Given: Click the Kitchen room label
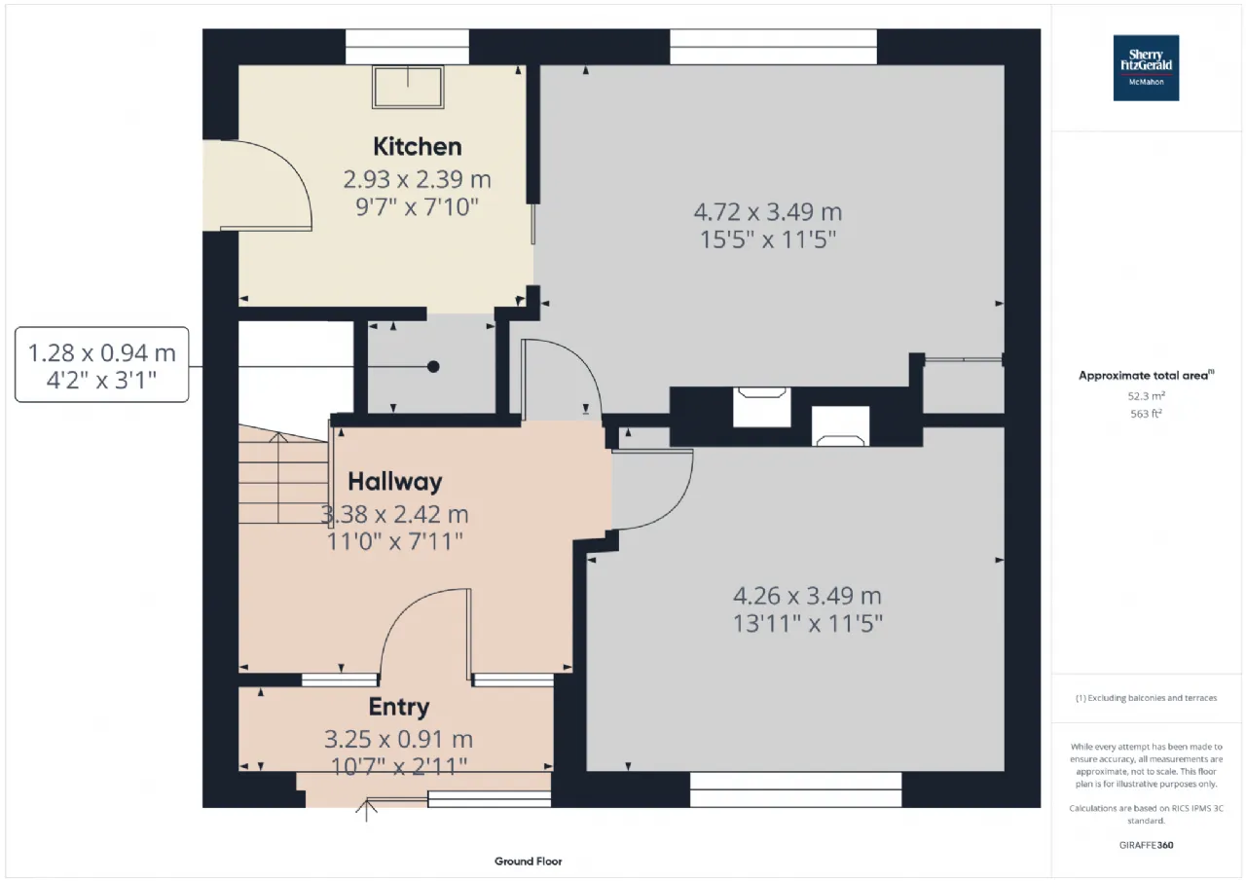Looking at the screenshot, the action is [418, 147].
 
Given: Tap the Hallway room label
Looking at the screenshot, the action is [395, 482].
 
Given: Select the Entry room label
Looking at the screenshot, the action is [399, 708].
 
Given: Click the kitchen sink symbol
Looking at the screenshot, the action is [408, 87].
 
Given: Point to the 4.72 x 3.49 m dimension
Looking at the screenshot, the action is [768, 212].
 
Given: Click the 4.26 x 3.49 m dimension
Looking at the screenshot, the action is [807, 596].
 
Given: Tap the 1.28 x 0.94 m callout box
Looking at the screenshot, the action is [102, 364].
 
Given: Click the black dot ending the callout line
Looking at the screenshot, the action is [433, 367].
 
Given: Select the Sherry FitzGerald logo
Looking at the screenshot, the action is [1146, 68].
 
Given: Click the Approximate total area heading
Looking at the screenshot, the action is [1146, 376].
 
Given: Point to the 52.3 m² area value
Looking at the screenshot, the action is [1146, 396].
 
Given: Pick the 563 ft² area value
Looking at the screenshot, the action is [1146, 414].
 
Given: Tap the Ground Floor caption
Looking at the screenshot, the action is [528, 862].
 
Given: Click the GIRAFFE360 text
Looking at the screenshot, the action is [1146, 845].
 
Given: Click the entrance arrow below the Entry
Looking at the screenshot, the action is [366, 810].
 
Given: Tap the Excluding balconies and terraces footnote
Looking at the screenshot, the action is [1146, 697].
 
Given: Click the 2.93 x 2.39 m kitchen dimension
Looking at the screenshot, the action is [418, 180].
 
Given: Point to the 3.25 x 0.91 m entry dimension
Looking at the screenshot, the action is [399, 739].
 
